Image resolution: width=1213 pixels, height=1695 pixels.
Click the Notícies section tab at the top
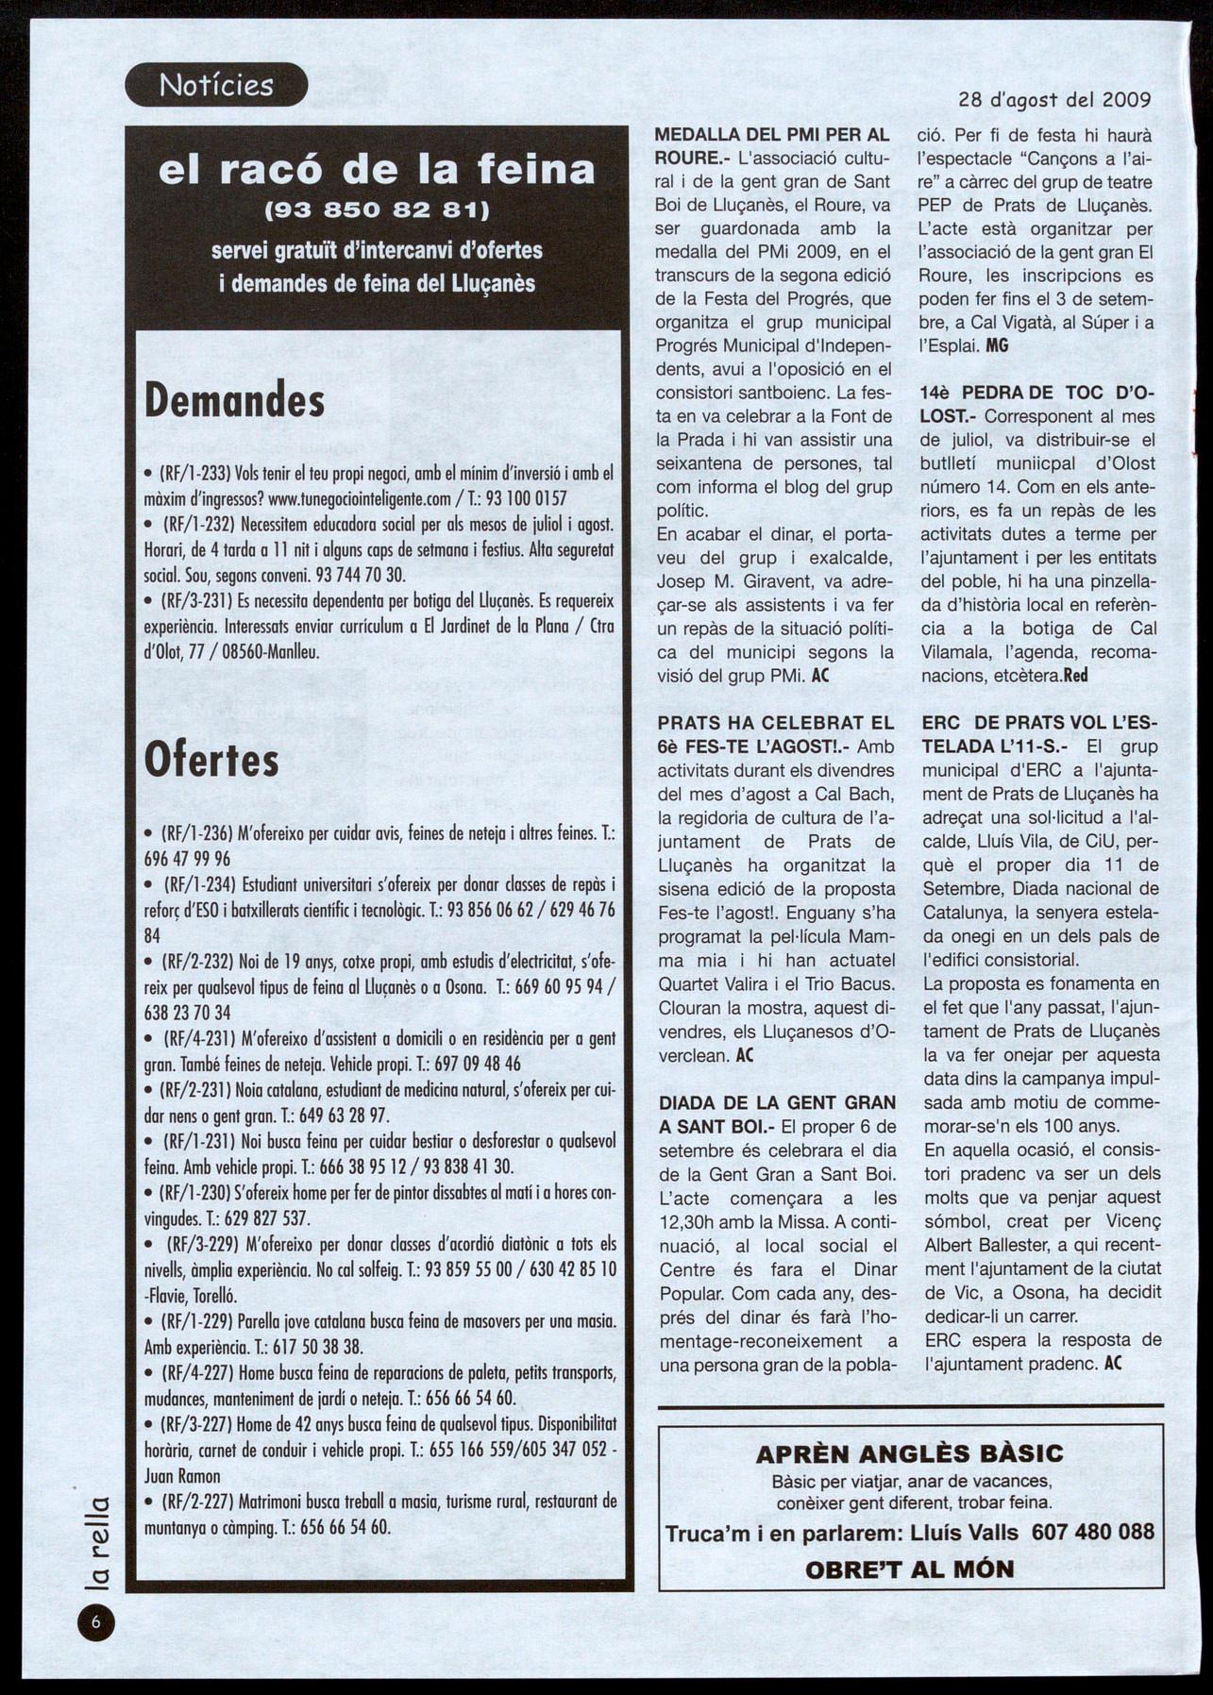[x=216, y=85]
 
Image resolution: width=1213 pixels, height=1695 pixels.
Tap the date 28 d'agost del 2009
[x=1054, y=100]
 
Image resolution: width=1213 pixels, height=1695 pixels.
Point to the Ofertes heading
[x=211, y=761]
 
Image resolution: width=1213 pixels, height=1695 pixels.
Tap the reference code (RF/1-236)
[x=197, y=834]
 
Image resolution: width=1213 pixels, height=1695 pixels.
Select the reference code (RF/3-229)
[x=201, y=1244]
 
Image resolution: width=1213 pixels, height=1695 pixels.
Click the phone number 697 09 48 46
[x=480, y=1064]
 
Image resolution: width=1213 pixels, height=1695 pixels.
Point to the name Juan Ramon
[x=182, y=1476]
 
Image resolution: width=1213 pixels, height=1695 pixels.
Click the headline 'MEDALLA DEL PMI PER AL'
[x=772, y=135]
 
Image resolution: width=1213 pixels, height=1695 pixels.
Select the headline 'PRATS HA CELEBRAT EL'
[x=774, y=724]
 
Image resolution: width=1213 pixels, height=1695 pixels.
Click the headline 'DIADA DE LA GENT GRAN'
[x=776, y=1102]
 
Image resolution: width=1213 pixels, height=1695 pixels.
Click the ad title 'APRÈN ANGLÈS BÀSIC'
[x=909, y=1454]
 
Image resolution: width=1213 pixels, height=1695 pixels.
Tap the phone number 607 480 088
[x=1093, y=1532]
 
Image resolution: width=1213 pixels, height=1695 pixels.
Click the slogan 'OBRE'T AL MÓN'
[x=909, y=1569]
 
